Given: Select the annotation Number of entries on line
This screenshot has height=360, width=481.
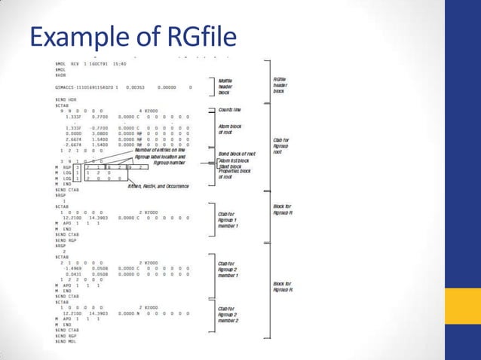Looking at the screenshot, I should click(160, 150).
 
